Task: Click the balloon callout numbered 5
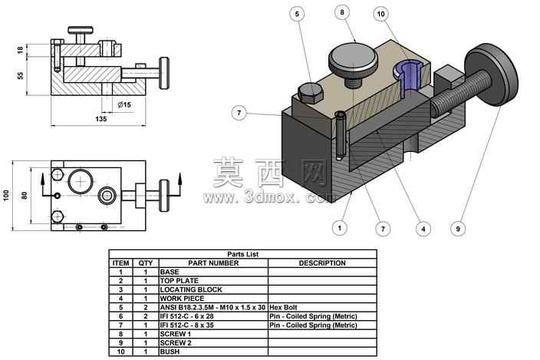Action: pos(297,14)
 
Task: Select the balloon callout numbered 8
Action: pos(342,12)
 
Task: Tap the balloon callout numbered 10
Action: pos(381,14)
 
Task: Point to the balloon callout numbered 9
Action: pos(458,229)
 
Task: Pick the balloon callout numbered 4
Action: pos(423,229)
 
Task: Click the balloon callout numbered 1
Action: pos(340,228)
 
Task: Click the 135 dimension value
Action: pos(101,119)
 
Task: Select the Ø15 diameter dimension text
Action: pos(125,104)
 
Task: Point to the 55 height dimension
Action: pos(21,75)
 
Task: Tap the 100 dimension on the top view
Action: pos(6,195)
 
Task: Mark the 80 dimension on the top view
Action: pos(25,196)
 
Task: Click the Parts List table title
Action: pos(243,254)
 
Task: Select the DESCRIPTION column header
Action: pos(322,263)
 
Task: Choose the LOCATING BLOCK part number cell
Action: pos(213,289)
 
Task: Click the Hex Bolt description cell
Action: pos(322,307)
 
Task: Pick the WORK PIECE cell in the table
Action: pos(213,299)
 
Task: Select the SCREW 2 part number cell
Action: pos(213,343)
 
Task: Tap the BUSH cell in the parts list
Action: pos(213,352)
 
